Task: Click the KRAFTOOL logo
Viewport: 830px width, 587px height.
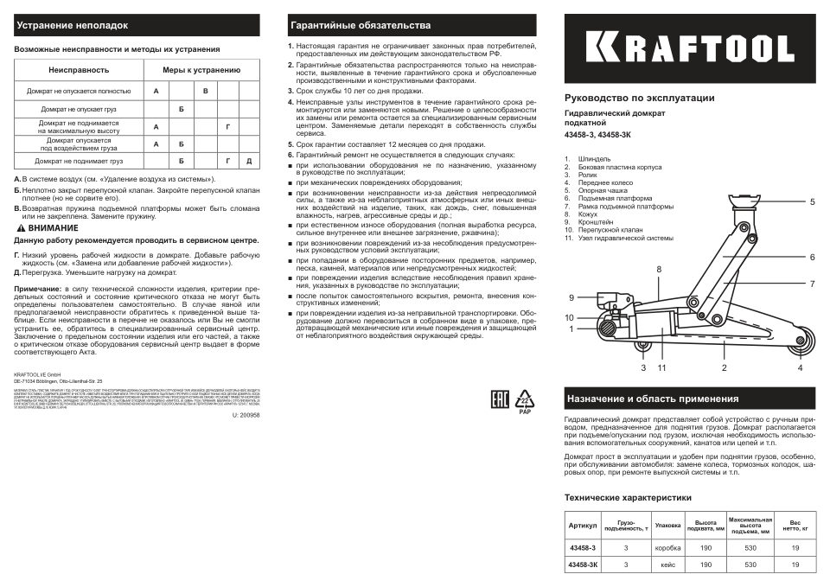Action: coord(691,48)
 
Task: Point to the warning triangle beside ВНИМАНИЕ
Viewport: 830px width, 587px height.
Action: coord(20,226)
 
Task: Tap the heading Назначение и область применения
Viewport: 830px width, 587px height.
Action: coord(651,399)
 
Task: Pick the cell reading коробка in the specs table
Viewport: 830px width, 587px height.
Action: coord(667,548)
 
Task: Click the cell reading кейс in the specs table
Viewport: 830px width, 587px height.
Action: coord(667,565)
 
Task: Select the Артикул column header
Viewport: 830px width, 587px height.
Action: coord(582,526)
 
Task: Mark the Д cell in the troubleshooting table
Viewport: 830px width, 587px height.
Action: coord(249,161)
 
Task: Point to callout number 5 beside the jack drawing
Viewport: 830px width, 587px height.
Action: coord(812,201)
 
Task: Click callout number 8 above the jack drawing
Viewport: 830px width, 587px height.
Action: coord(658,270)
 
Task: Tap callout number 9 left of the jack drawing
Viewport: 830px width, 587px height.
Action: coord(571,297)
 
